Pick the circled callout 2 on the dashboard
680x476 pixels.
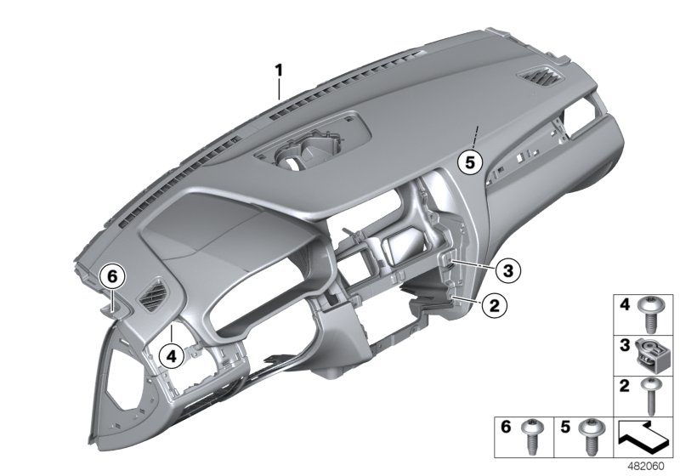tap(490, 303)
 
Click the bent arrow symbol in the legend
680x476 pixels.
tap(643, 435)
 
